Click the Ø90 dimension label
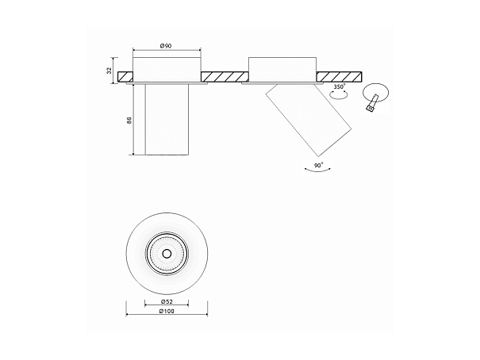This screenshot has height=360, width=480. point(166,46)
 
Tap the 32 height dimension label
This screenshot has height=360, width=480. point(109,71)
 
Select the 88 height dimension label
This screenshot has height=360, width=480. point(129,120)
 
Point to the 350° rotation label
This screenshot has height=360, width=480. point(340,86)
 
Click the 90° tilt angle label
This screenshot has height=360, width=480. point(319,166)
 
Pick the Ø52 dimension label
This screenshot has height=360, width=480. point(167,301)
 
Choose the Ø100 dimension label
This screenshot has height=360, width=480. point(167,311)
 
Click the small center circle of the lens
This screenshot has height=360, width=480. point(167,254)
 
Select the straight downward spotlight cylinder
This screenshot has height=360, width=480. point(167,119)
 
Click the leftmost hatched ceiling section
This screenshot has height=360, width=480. point(125,77)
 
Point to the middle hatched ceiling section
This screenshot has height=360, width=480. point(225,77)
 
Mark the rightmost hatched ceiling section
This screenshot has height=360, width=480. point(339,77)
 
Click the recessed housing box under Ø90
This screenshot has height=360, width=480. point(167,70)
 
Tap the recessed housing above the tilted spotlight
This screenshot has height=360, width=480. point(282,70)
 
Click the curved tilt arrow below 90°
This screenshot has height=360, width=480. point(319,170)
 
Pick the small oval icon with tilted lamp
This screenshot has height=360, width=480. point(376,97)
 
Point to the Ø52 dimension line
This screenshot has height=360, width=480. point(167,305)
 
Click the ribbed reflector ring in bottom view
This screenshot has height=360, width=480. point(167,254)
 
